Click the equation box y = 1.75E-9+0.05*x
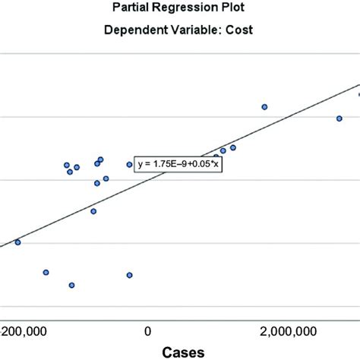(x=178, y=163)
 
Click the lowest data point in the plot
(x=71, y=286)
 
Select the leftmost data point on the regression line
(x=17, y=242)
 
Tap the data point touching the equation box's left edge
(x=130, y=164)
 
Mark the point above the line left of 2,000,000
(x=264, y=107)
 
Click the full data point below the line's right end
(x=339, y=118)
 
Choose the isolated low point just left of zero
(x=129, y=275)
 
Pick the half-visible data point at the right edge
(x=358, y=94)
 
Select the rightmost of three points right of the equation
(x=233, y=147)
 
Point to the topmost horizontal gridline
(x=180, y=54)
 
